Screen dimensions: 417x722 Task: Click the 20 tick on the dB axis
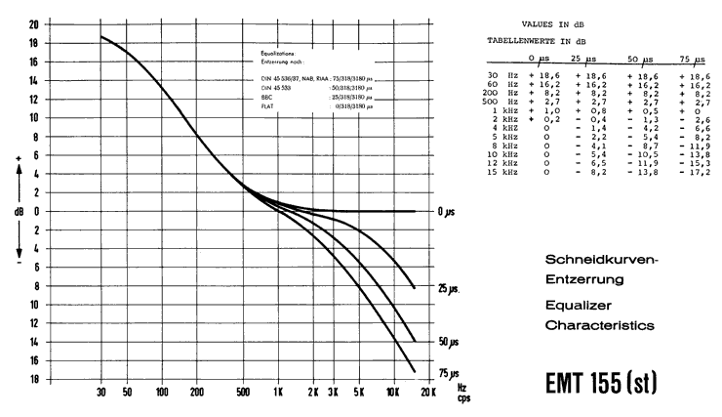(35, 23)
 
